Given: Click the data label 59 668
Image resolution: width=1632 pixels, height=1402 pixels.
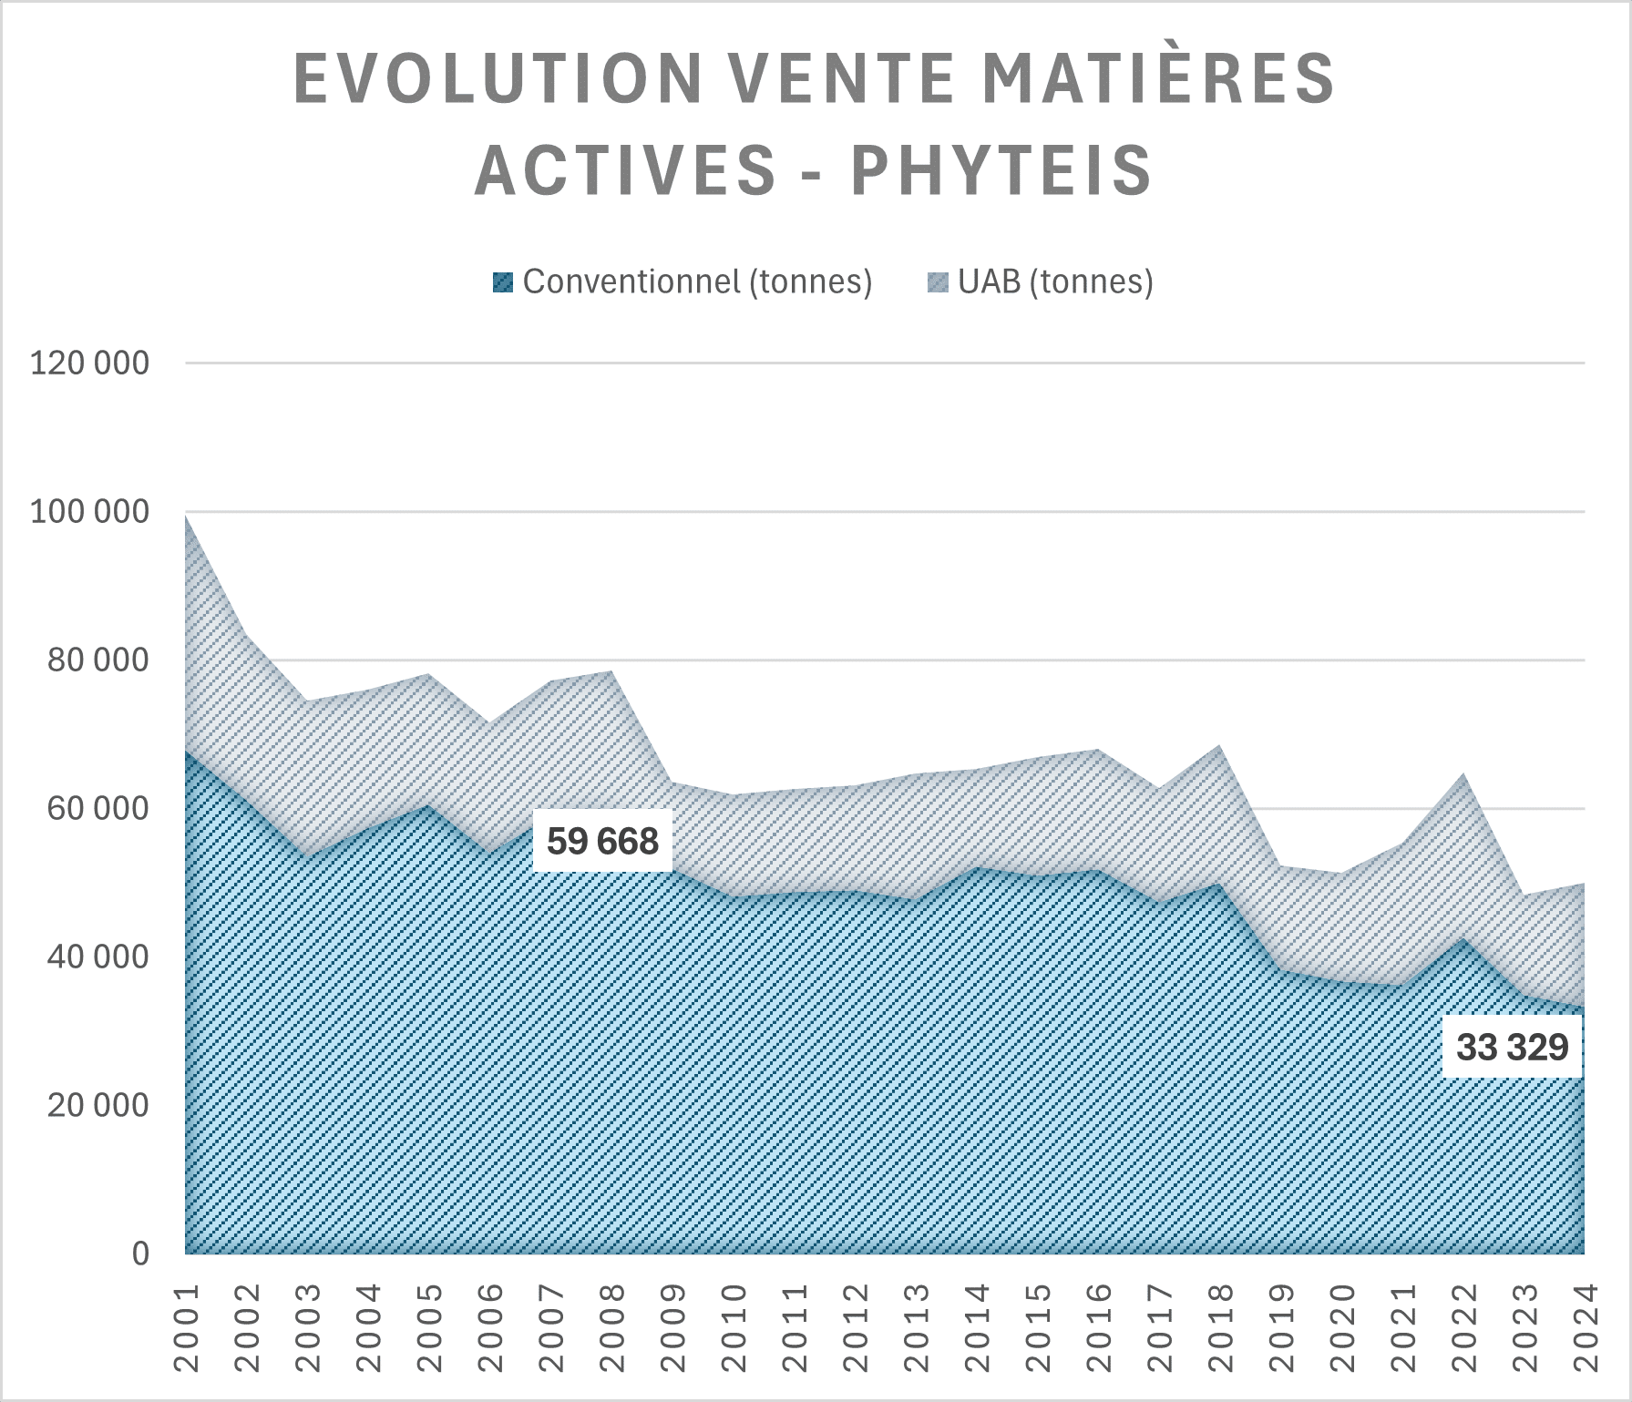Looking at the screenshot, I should [x=602, y=841].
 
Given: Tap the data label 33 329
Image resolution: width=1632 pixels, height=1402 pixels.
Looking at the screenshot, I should [x=1512, y=1047].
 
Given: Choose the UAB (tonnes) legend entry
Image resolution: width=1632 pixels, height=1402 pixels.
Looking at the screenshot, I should [x=1042, y=281].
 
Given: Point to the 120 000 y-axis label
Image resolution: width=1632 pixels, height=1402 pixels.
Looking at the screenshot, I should [x=89, y=363].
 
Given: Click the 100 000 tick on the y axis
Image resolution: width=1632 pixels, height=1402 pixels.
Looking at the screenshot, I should [x=89, y=512].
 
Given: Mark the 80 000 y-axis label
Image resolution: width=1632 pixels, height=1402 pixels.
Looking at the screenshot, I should [x=98, y=660].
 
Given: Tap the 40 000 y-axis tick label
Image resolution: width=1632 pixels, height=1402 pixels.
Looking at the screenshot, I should [x=98, y=957].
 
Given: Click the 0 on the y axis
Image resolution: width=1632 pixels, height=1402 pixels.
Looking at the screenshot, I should [x=140, y=1254].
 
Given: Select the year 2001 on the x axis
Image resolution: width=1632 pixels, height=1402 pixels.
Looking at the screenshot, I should [x=186, y=1327].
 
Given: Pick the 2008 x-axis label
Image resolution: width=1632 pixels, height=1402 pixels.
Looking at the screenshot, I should [x=612, y=1327].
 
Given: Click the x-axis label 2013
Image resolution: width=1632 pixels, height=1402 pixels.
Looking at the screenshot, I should [x=916, y=1327].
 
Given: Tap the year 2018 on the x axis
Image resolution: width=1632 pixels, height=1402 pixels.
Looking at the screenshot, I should [x=1220, y=1327].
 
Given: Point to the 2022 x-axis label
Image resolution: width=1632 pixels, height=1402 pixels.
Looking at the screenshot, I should [x=1463, y=1327].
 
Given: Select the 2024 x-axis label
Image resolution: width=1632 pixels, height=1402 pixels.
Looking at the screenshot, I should [x=1586, y=1327].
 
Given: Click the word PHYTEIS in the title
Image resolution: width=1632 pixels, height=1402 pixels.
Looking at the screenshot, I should [x=1002, y=170].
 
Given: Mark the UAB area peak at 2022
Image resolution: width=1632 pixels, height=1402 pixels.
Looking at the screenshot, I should [x=1463, y=775].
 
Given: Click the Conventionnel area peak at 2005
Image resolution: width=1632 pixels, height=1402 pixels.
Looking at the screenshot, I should [x=429, y=806].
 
